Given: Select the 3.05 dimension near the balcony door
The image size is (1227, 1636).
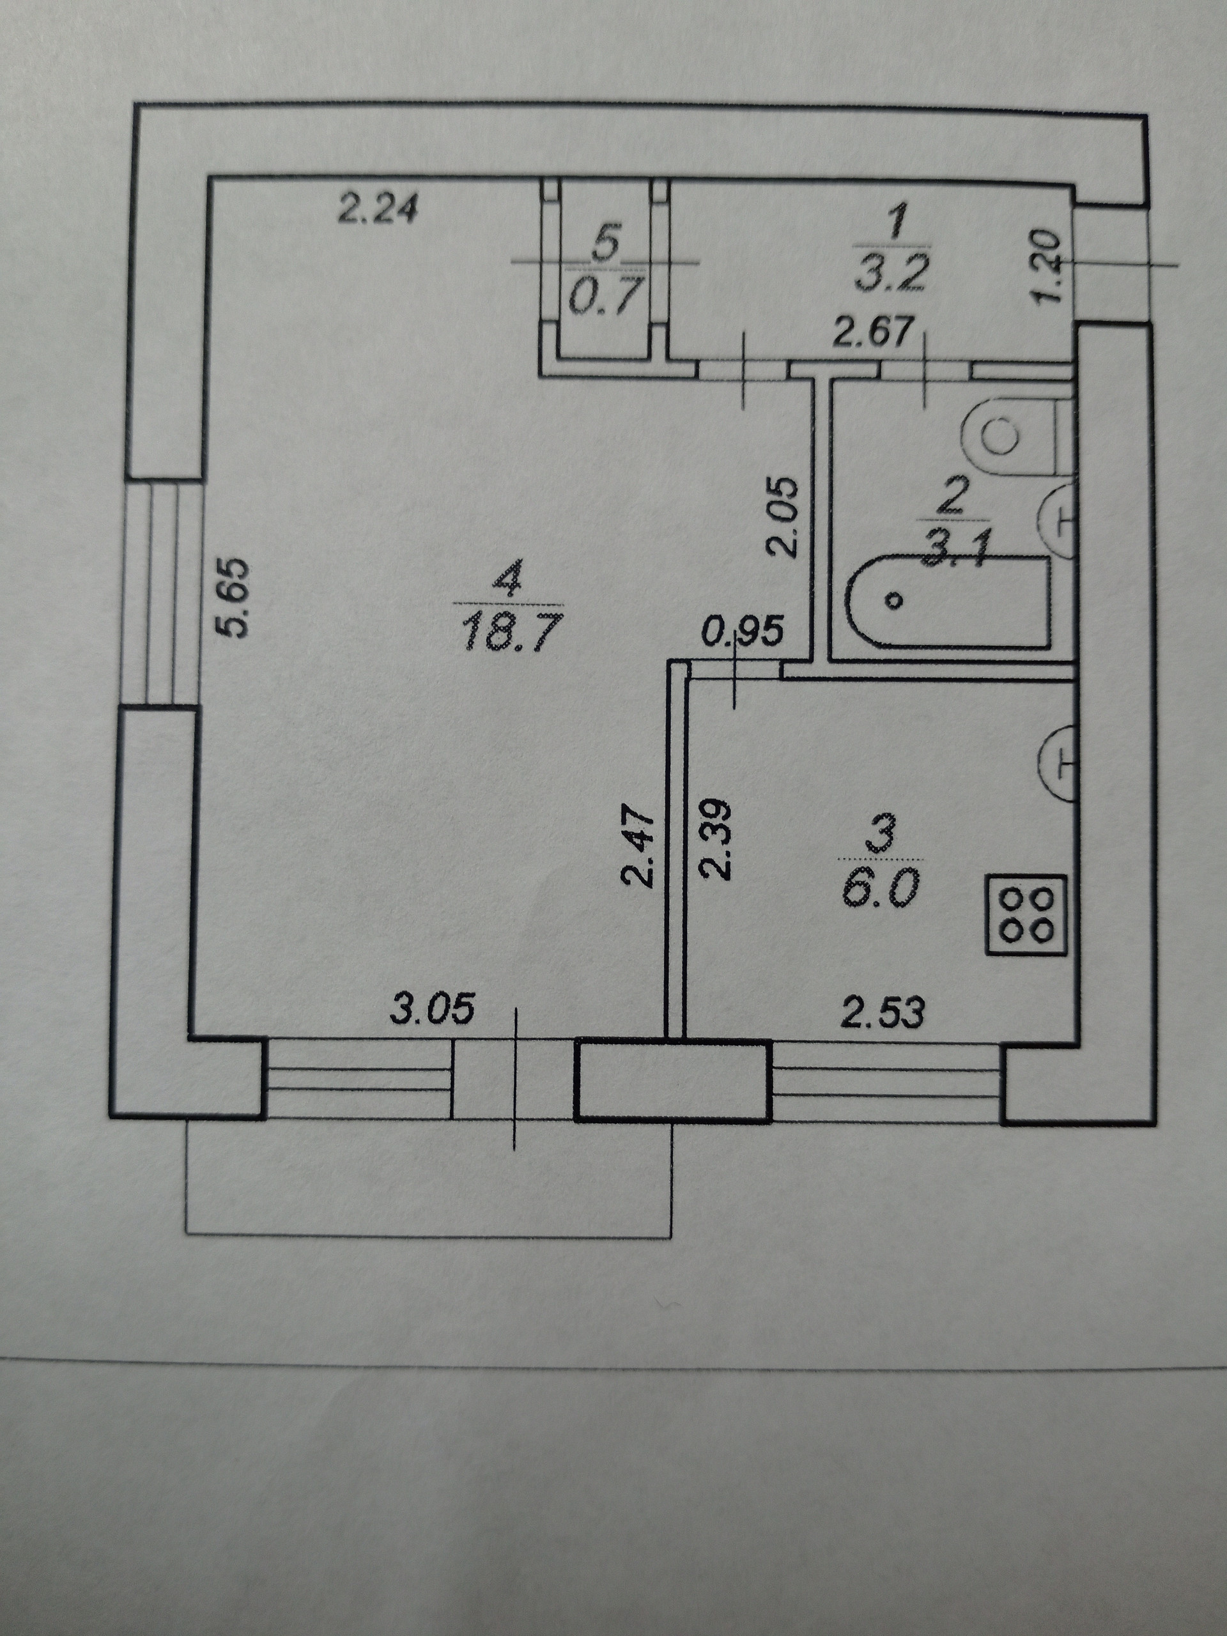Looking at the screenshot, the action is click(432, 1010).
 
